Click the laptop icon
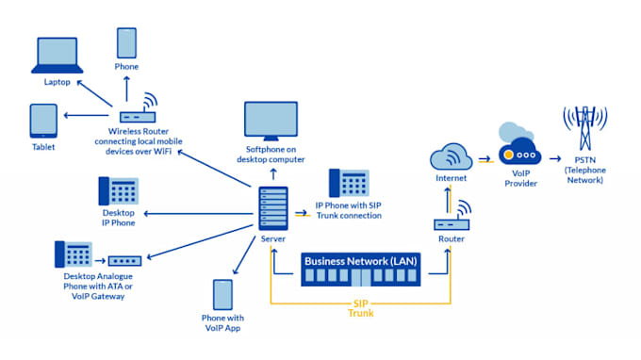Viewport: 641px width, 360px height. [58, 56]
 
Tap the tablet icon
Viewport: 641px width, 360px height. [43, 121]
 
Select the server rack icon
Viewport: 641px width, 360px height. [273, 208]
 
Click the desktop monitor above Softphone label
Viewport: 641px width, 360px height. [271, 121]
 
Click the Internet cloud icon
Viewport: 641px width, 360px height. [451, 156]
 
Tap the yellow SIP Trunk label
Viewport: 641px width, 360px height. [360, 308]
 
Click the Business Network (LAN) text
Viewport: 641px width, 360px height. [360, 261]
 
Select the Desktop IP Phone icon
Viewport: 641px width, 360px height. [119, 190]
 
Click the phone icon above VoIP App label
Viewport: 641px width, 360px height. [222, 295]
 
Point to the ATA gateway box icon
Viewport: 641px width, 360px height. [124, 261]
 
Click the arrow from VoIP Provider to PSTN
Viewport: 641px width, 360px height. [555, 158]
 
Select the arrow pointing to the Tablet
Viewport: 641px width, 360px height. [87, 115]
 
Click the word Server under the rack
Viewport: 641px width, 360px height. [273, 238]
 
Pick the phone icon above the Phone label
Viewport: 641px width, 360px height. [126, 43]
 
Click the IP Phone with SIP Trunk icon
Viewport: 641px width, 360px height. [349, 183]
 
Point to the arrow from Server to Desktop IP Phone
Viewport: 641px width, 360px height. [199, 213]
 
